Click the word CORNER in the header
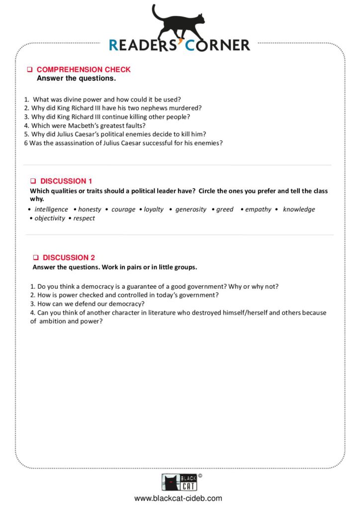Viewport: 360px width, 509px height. pyautogui.click(x=218, y=45)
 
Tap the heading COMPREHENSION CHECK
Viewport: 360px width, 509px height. pyautogui.click(x=84, y=70)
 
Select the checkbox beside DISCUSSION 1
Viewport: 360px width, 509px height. pyautogui.click(x=33, y=181)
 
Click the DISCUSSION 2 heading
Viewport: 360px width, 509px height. pyautogui.click(x=69, y=257)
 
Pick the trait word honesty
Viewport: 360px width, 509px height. pyautogui.click(x=90, y=209)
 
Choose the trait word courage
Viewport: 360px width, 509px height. pyautogui.click(x=123, y=209)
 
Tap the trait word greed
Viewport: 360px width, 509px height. pyautogui.click(x=225, y=209)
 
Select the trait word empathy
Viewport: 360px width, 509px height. pyautogui.click(x=258, y=209)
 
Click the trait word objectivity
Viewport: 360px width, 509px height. pyautogui.click(x=50, y=218)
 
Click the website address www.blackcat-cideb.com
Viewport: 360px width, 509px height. pyautogui.click(x=178, y=498)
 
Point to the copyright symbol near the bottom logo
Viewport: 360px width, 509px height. pyautogui.click(x=200, y=476)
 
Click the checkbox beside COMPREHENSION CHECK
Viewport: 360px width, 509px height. pyautogui.click(x=30, y=70)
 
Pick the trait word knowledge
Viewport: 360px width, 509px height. pyautogui.click(x=299, y=209)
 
